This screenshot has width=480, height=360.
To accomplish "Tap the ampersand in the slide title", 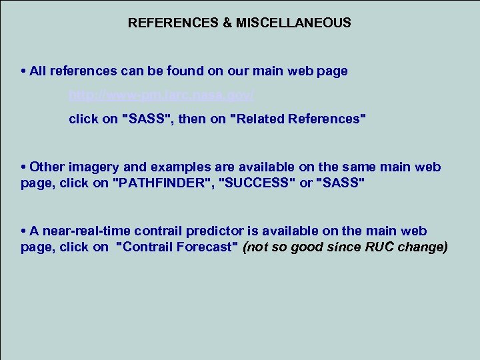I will coord(227,23).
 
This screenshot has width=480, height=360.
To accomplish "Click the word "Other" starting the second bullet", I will coord(45,167).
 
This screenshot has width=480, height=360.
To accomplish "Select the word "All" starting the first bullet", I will coord(38,71).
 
